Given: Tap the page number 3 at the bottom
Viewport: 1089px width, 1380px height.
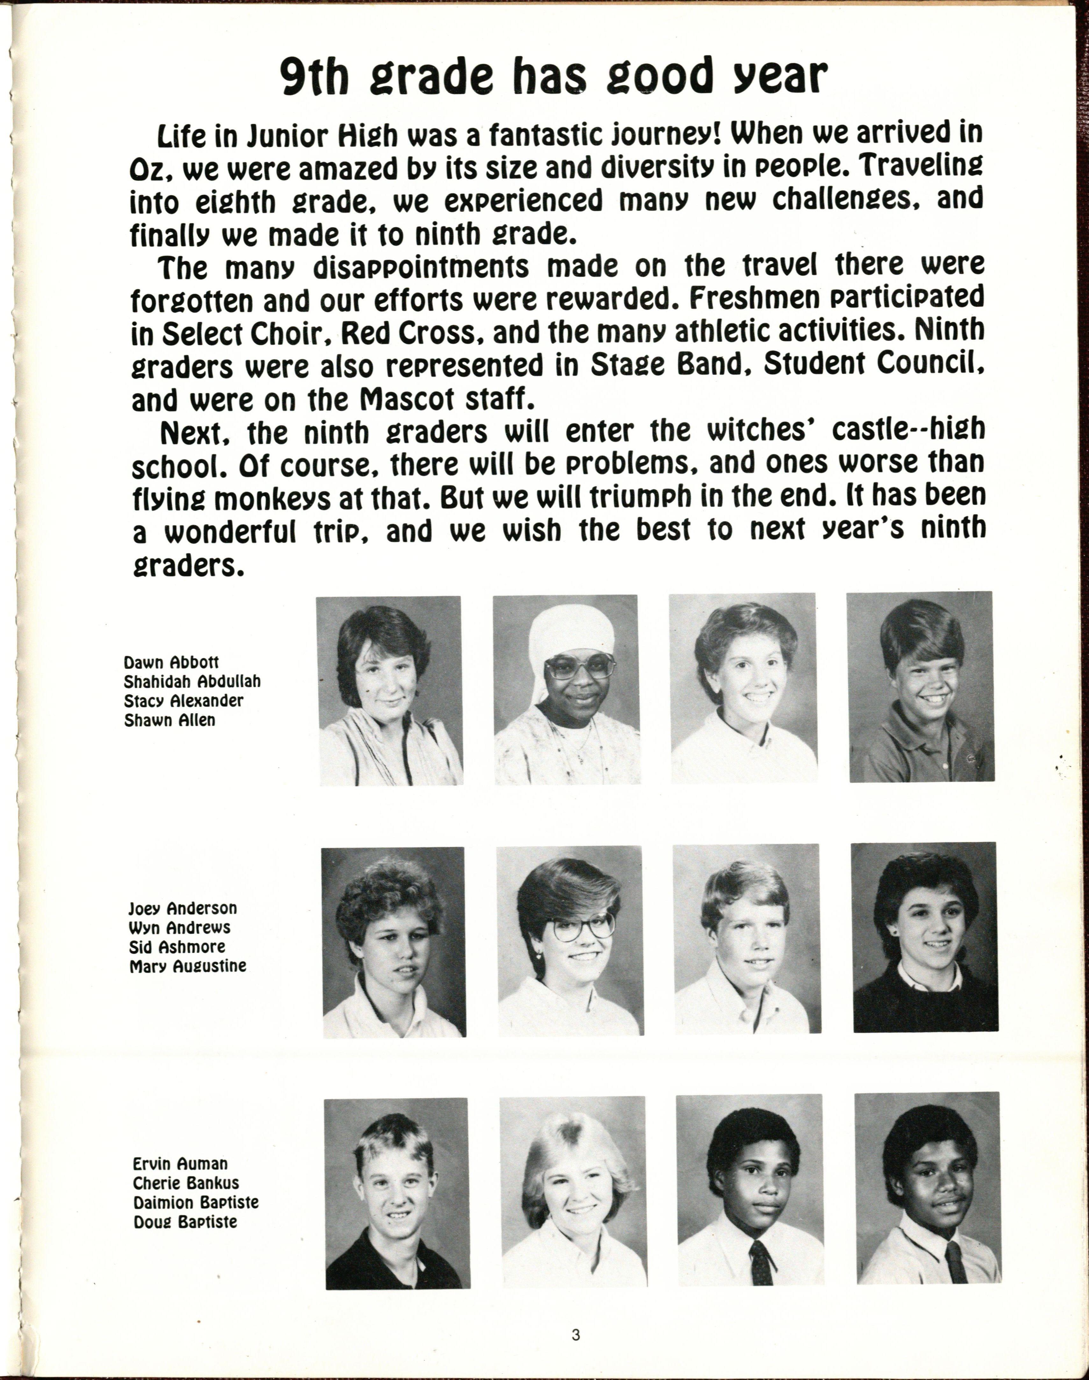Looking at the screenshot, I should [x=576, y=1335].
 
